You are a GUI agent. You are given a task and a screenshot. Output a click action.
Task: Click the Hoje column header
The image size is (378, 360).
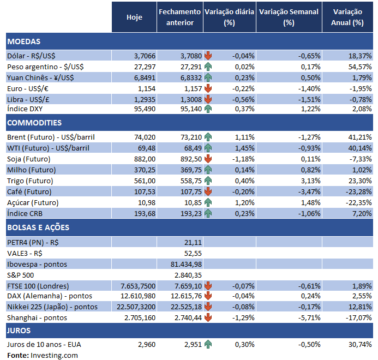click(x=134, y=17)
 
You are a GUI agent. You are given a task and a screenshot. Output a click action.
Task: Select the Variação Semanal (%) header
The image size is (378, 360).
click(x=289, y=17)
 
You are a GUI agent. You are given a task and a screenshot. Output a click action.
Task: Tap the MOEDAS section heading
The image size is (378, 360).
click(x=24, y=41)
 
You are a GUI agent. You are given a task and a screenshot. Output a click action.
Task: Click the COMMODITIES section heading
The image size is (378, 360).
click(x=34, y=123)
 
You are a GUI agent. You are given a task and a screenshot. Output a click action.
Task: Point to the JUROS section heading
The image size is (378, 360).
click(x=19, y=331)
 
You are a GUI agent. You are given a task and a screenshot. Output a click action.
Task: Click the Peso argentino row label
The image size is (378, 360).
click(x=45, y=67)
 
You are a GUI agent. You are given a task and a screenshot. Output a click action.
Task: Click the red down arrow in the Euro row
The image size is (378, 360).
click(x=208, y=88)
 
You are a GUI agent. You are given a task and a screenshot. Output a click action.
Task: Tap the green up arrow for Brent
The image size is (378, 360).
click(x=208, y=137)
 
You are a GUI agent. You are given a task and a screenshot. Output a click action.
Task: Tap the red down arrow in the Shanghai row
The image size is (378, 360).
click(x=208, y=317)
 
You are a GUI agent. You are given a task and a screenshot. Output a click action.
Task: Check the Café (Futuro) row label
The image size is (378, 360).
click(x=30, y=191)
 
